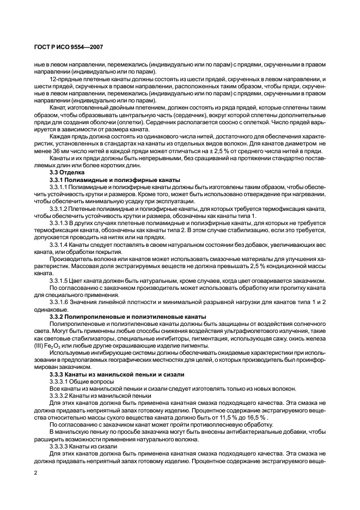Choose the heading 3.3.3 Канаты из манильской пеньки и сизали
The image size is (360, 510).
(x=117, y=374)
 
